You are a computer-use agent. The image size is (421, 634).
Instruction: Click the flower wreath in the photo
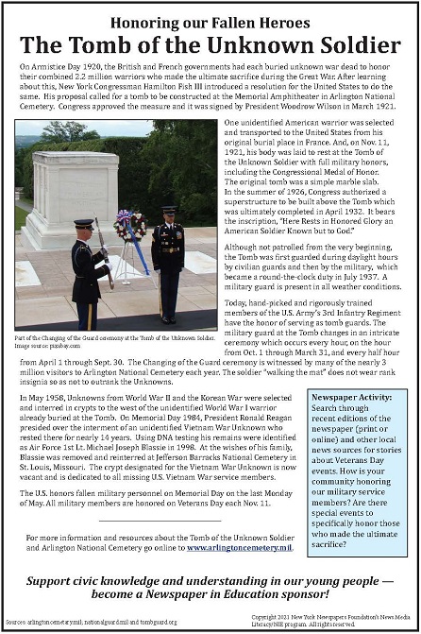(130, 227)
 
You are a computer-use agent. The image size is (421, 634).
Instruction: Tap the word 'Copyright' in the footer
(269, 614)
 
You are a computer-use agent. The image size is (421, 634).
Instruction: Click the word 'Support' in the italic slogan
(55, 578)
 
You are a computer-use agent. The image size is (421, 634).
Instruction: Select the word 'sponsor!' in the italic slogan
(318, 595)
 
